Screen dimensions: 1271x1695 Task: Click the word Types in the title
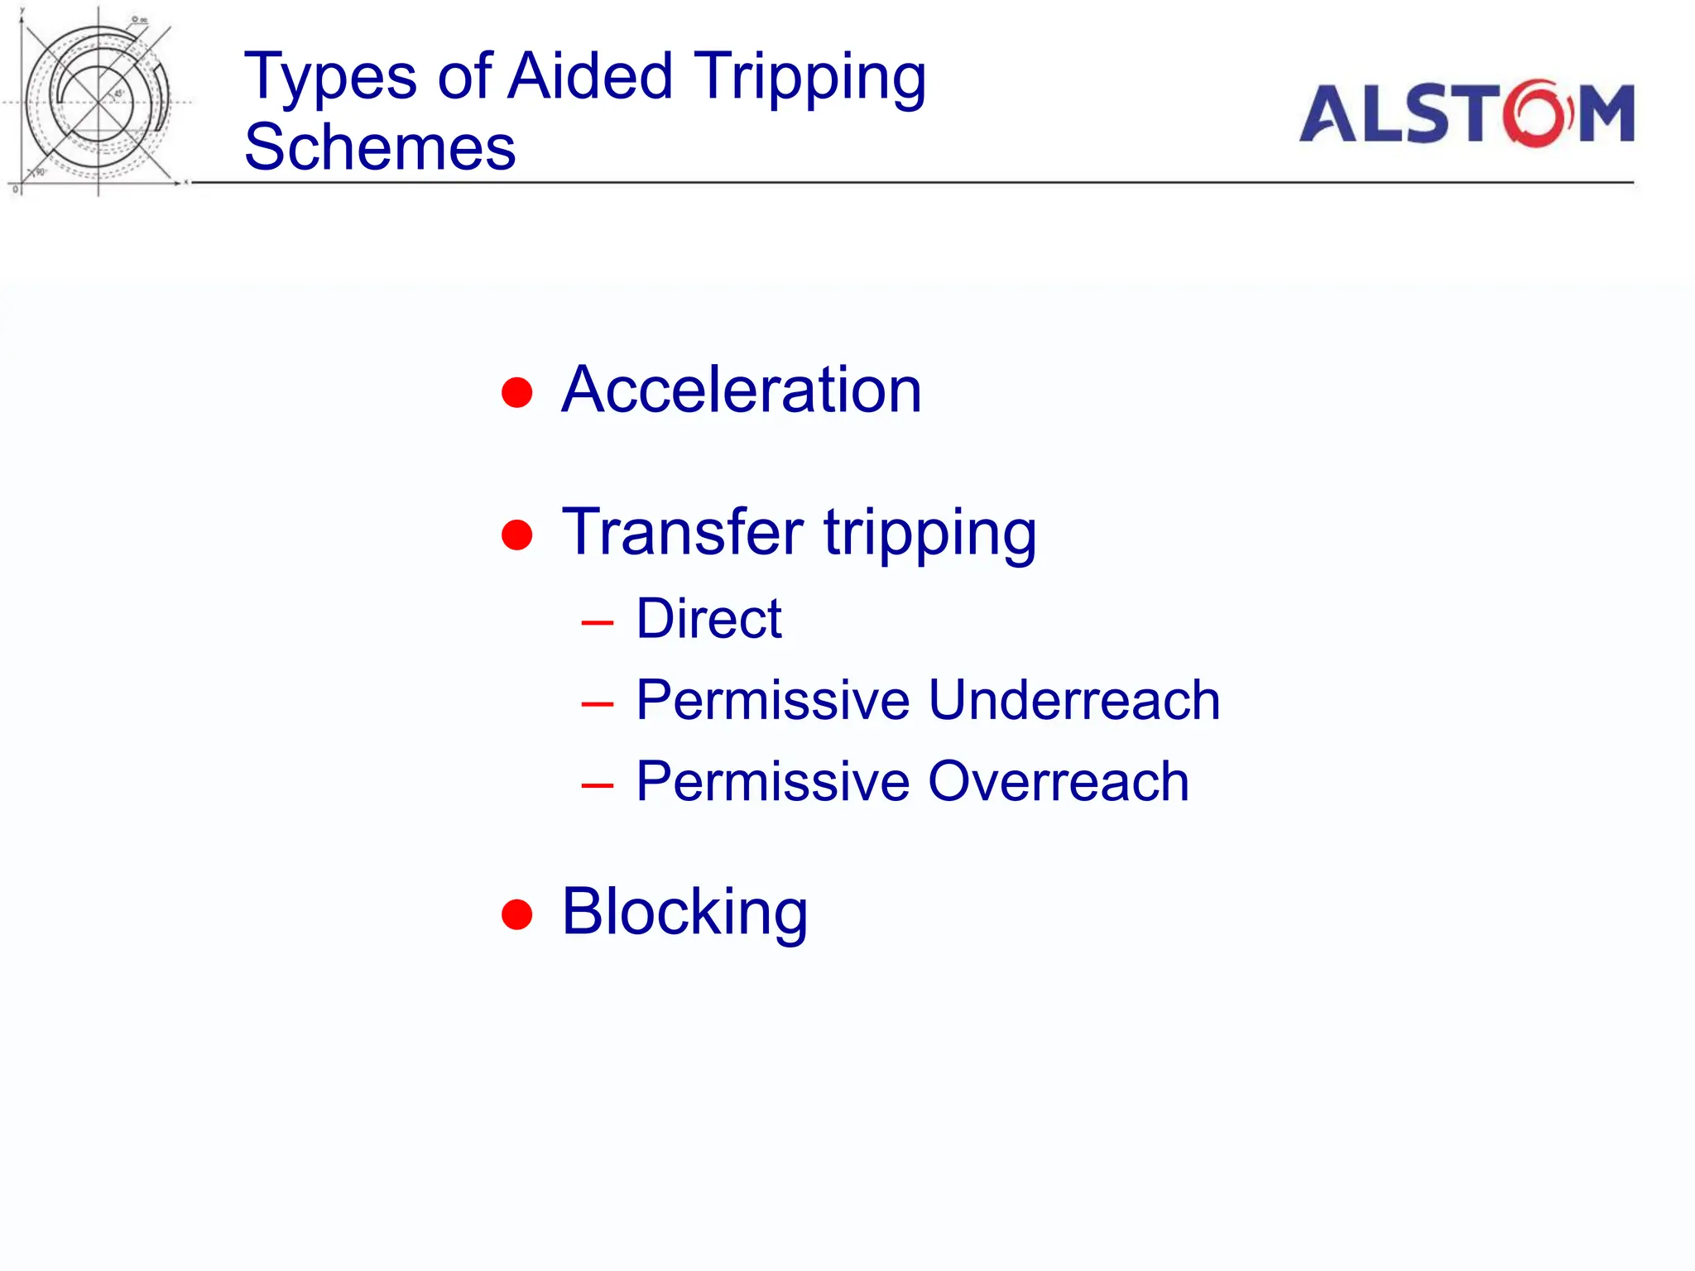click(x=329, y=77)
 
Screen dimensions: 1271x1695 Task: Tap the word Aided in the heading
click(x=590, y=75)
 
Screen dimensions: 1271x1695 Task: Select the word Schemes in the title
click(x=380, y=147)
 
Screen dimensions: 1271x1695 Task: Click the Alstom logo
click(x=1466, y=113)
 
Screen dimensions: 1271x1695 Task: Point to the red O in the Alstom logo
click(x=1537, y=114)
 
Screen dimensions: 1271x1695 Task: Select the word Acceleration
click(x=741, y=390)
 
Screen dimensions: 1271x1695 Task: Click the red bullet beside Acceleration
click(x=517, y=392)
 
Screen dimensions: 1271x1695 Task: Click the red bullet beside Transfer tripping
click(x=517, y=535)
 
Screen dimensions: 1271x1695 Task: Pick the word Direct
click(x=708, y=619)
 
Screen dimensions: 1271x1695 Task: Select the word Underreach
click(x=1073, y=700)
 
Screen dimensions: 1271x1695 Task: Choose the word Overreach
click(x=1058, y=781)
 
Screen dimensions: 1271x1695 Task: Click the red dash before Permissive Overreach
click(x=597, y=785)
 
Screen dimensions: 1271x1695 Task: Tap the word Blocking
click(x=684, y=912)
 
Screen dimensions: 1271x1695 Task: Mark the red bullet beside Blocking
click(x=517, y=914)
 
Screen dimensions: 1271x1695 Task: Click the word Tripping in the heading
click(x=809, y=77)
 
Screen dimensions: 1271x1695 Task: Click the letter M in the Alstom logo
click(x=1605, y=114)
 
